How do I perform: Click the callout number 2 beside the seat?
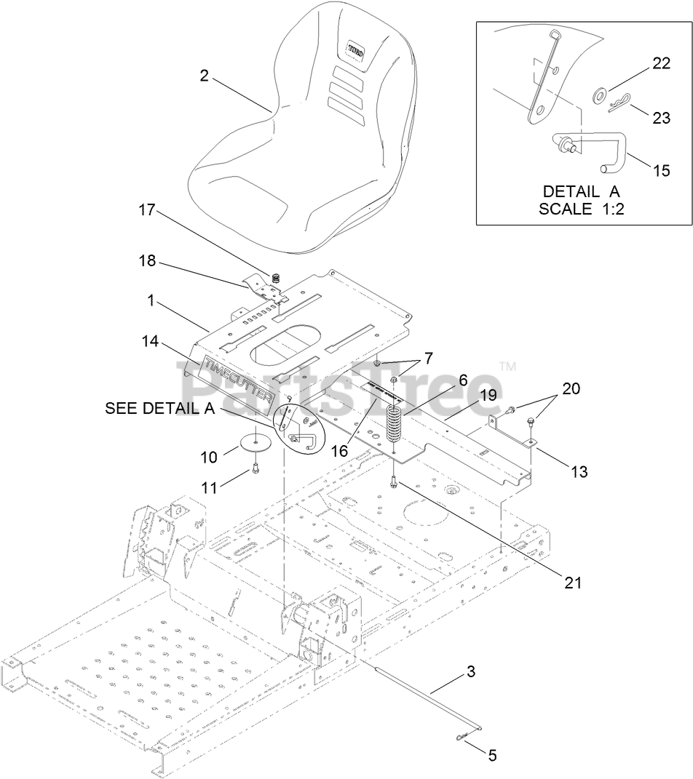click(x=205, y=75)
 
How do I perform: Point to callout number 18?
click(x=147, y=260)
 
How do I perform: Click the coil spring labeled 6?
click(x=393, y=426)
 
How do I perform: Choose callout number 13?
click(x=579, y=472)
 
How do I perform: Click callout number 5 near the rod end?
click(x=492, y=756)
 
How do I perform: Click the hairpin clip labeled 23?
click(x=617, y=107)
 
